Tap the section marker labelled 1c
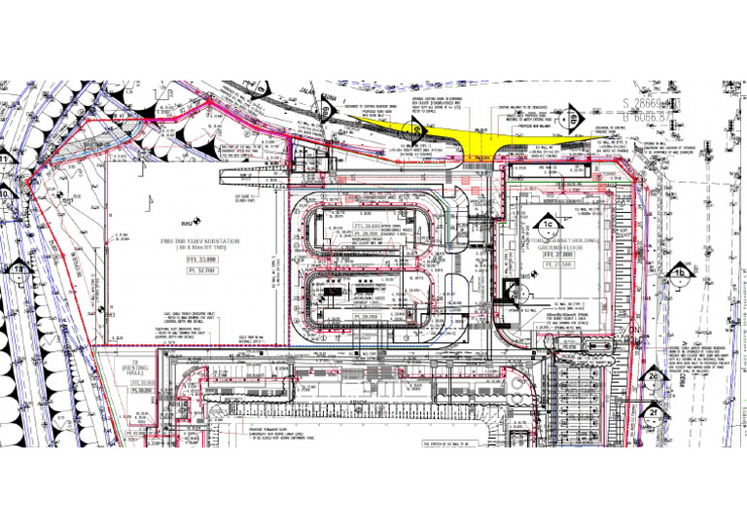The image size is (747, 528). [548, 226]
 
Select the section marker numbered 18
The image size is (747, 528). [18, 269]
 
